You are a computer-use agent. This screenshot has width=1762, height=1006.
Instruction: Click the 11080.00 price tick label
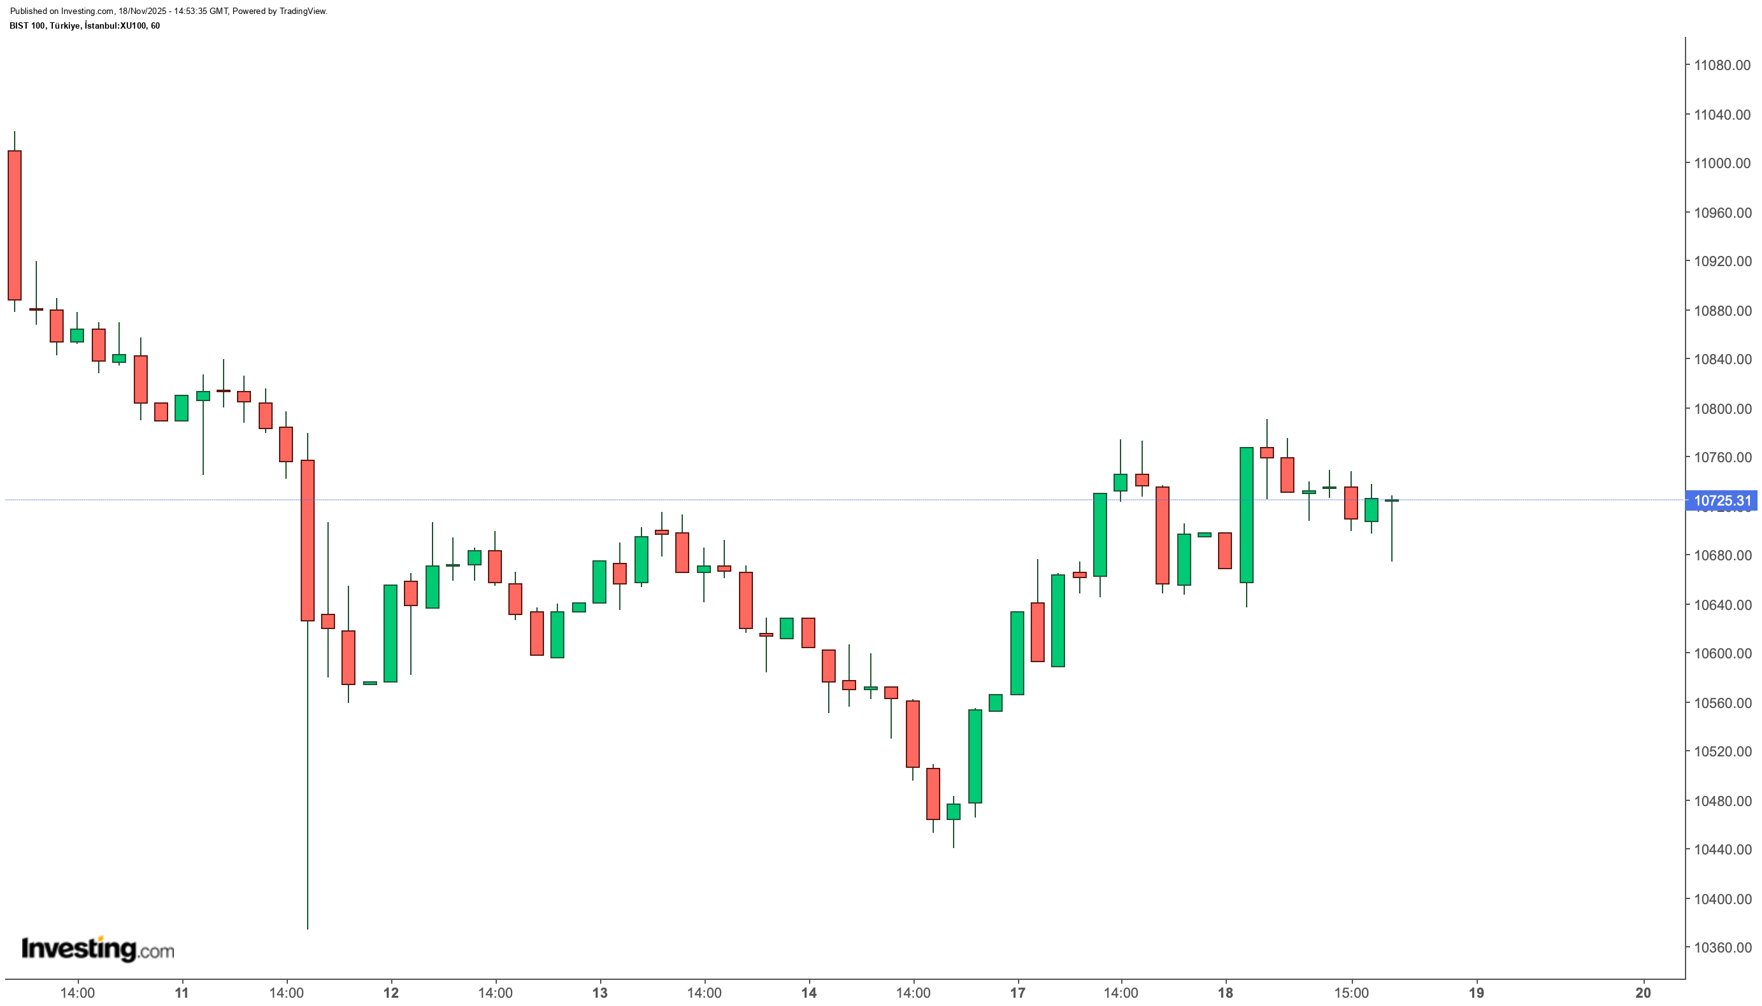1721,65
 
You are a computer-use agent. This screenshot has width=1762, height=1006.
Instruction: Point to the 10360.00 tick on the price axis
1721,947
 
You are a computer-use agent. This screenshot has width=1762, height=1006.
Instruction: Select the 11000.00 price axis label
1721,163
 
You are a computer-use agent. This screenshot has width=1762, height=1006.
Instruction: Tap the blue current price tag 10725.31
1722,500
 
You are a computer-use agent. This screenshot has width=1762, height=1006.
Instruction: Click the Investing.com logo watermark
97,949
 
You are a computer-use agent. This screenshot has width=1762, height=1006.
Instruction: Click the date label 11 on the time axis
182,993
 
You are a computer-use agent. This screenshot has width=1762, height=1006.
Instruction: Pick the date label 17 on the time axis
1017,993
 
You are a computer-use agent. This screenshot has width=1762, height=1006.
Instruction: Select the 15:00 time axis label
1350,993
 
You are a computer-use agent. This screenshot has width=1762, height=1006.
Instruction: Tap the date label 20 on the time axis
1643,993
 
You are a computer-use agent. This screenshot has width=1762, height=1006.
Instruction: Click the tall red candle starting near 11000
15,225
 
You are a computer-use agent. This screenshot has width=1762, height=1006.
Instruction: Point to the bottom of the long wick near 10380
307,926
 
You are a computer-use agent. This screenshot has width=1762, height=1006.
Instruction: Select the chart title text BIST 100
27,25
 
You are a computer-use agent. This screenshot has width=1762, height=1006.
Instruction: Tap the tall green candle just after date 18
1245,514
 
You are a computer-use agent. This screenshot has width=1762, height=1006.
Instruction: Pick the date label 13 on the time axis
599,993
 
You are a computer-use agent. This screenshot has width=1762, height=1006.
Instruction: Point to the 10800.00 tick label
1721,408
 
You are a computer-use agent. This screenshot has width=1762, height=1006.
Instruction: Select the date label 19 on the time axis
1476,993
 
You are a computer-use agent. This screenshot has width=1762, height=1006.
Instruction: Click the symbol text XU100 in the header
133,25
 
